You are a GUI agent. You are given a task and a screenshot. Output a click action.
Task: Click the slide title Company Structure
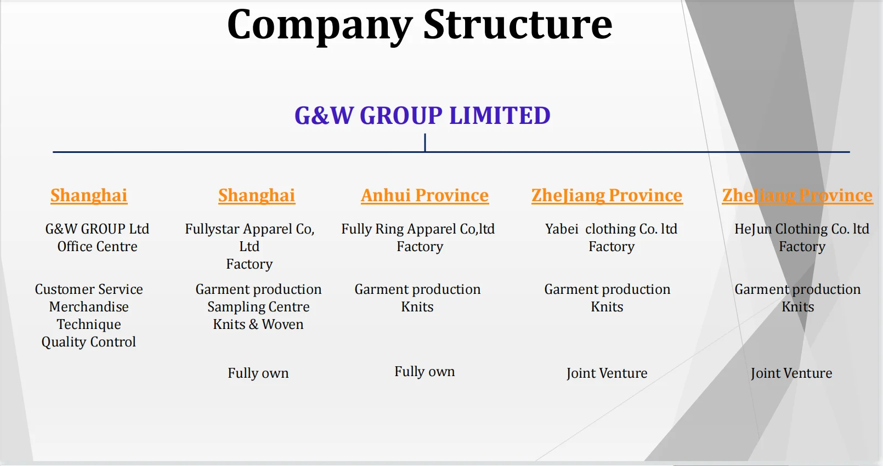coord(420,25)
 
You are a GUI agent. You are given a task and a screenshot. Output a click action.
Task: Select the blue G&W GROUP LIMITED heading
coord(422,116)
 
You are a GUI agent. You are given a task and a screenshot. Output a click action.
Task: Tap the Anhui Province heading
coord(424,196)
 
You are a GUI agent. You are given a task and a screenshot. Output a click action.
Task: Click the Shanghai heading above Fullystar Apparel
coord(257,196)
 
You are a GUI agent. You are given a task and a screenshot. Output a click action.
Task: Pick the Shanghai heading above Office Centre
coord(89,196)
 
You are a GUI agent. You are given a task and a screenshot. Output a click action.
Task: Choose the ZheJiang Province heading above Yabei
coord(607,196)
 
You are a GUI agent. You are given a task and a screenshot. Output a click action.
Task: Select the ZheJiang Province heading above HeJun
coord(797,196)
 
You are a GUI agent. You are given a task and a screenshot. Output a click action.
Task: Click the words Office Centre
coord(97,247)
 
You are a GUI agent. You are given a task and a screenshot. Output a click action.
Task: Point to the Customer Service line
coord(89,289)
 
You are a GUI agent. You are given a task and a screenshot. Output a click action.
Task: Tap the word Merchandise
coord(89,307)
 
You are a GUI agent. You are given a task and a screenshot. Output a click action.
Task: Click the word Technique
coord(89,325)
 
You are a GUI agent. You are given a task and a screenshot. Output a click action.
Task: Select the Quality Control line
coord(89,342)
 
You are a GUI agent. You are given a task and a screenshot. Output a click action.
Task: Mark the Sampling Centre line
coord(258,307)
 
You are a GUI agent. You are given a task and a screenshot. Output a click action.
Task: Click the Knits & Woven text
coord(258,325)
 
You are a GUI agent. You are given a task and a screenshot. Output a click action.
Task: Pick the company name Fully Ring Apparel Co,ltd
coord(418,229)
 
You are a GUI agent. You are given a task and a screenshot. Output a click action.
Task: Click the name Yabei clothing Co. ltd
coord(611,229)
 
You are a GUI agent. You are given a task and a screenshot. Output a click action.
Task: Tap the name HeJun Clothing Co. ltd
coord(802,229)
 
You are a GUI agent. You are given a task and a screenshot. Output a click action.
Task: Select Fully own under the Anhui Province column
coord(424,372)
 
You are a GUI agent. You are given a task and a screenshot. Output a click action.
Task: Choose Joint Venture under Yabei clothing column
coord(607,373)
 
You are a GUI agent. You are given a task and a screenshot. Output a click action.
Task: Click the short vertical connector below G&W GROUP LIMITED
coord(425,143)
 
